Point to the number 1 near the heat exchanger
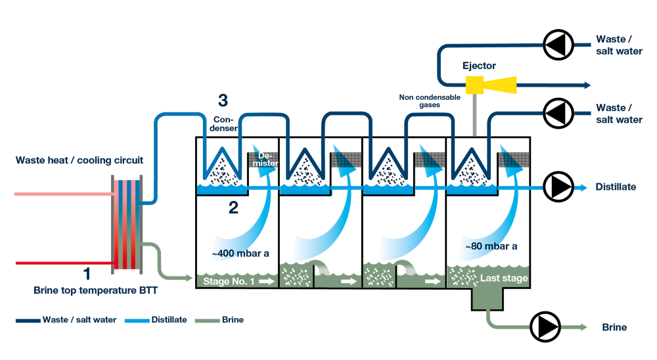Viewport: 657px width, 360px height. click(87, 273)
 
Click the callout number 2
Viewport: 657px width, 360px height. click(233, 208)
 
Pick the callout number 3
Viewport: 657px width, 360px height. click(223, 101)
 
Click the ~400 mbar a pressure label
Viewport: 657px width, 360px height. click(240, 252)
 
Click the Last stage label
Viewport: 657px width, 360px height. click(504, 279)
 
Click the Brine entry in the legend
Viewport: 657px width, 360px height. click(232, 320)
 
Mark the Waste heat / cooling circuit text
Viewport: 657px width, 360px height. click(79, 160)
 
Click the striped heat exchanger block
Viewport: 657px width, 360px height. click(127, 224)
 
